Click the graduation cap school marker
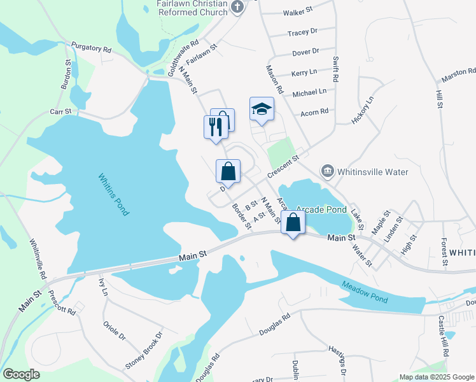[262, 110]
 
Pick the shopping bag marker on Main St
[293, 222]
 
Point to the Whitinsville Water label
[372, 171]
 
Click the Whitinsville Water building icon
[328, 171]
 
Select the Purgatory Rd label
[92, 48]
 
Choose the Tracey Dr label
[302, 32]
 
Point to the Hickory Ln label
[364, 110]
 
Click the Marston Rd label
[459, 74]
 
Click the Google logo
[22, 374]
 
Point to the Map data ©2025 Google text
[436, 377]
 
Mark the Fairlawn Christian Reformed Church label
[192, 8]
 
